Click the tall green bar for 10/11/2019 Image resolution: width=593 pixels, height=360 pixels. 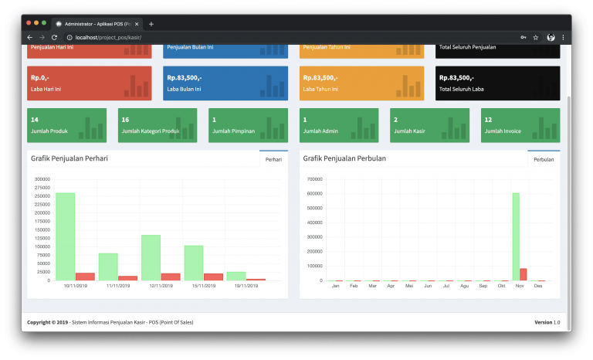(65, 236)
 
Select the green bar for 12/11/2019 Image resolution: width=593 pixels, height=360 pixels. (151, 257)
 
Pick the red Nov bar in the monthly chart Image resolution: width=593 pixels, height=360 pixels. (523, 274)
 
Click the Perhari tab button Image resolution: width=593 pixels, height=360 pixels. (273, 159)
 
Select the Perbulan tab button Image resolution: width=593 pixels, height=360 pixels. (544, 159)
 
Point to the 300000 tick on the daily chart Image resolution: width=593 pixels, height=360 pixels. (43, 179)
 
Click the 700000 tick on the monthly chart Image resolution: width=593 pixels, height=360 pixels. (315, 179)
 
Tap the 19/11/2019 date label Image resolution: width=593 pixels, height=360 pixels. (236, 286)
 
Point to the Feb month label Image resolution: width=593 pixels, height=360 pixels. (353, 286)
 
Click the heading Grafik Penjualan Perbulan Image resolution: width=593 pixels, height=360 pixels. (344, 158)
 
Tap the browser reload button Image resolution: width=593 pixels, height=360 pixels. (54, 37)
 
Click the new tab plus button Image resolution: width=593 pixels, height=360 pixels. (151, 23)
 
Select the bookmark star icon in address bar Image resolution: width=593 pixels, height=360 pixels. (536, 37)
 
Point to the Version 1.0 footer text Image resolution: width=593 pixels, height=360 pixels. (547, 322)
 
